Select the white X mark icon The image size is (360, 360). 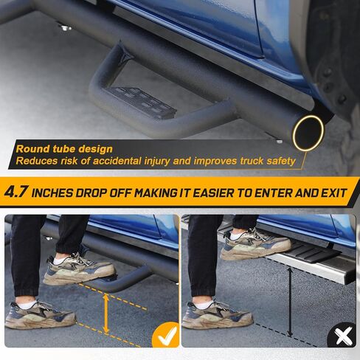point(342,336)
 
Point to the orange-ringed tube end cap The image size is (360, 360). point(308,133)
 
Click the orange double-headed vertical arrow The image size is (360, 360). point(106,314)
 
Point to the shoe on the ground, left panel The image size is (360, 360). point(40,315)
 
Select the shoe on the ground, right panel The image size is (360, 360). point(218,315)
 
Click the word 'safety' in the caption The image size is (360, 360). point(281,161)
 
